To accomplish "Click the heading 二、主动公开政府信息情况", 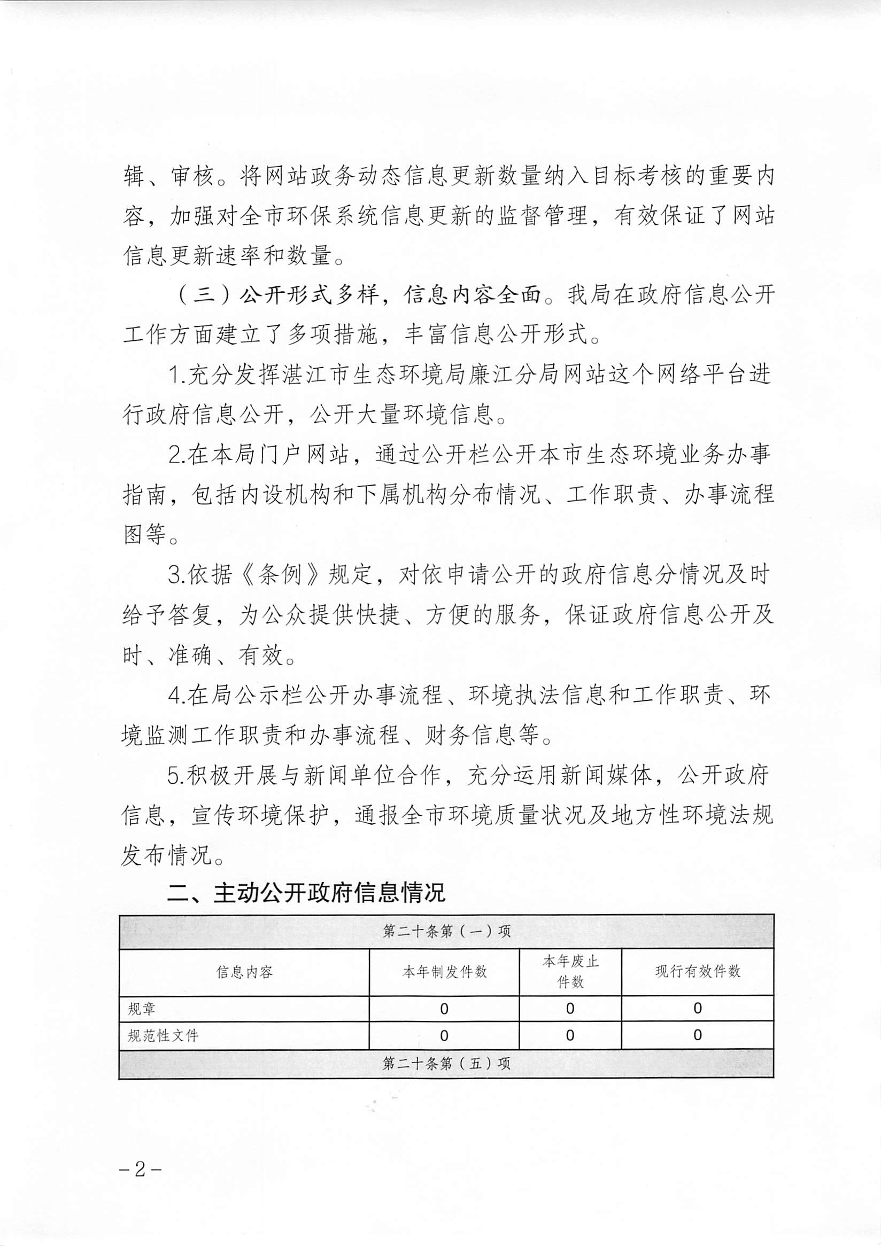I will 306,893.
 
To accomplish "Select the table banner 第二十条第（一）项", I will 446,932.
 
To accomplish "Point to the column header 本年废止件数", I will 570,972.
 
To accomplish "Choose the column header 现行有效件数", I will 698,972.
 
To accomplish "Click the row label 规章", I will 142,1009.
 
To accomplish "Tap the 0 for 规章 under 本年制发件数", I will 444,1009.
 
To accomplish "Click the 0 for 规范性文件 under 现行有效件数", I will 698,1035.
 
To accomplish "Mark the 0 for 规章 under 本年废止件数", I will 570,1009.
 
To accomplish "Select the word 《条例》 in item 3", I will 282,575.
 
